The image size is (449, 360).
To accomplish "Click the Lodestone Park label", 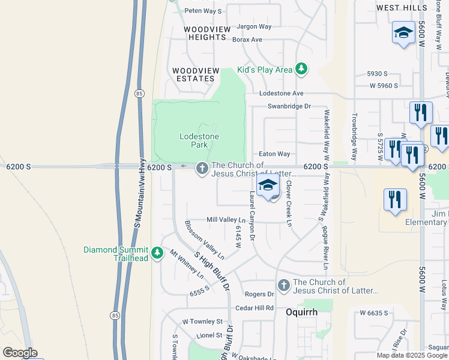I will pos(199,140).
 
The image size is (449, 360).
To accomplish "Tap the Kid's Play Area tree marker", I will pos(301,70).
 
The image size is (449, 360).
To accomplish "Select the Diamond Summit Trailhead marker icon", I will pos(157,253).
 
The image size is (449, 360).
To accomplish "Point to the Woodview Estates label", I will pos(193,74).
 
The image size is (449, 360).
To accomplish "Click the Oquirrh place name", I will pos(301,313).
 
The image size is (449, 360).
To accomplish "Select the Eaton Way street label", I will pos(274,154).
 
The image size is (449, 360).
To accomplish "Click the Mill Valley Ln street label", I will pos(226,220).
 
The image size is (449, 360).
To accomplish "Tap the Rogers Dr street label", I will pos(259,294).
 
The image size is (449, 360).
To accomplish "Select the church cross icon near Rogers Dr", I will pos(283,286).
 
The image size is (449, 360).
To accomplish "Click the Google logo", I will pos(20,352).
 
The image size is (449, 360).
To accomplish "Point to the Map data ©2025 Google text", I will pos(411,355).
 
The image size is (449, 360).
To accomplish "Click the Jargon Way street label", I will pos(254,26).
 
